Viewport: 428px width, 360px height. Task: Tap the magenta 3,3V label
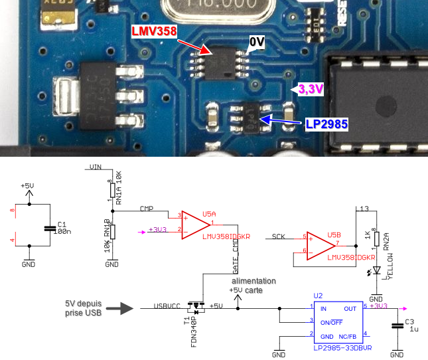click(311, 88)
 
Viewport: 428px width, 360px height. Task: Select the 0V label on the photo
click(257, 43)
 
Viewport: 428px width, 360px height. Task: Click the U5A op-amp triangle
click(192, 222)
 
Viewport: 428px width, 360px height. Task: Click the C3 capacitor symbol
click(397, 325)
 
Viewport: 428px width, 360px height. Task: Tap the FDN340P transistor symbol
click(194, 308)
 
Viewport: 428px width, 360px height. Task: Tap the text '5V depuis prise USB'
click(82, 309)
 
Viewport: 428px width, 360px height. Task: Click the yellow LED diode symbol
click(376, 270)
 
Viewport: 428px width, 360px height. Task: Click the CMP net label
click(147, 209)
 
